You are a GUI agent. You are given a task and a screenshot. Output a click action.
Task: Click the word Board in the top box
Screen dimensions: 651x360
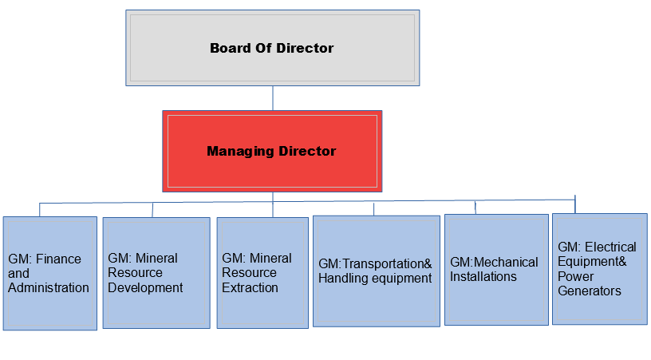pyautogui.click(x=230, y=48)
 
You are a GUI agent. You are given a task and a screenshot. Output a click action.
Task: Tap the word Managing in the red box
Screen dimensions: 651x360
pyautogui.click(x=240, y=152)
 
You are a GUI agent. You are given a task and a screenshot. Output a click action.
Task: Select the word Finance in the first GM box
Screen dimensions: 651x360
pyautogui.click(x=58, y=259)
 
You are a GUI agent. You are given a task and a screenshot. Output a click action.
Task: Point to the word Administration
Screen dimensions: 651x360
pyautogui.click(x=49, y=287)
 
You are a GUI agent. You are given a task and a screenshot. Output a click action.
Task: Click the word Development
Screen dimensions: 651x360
pyautogui.click(x=145, y=287)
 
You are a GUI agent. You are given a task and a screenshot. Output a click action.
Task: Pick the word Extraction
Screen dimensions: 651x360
pyautogui.click(x=250, y=287)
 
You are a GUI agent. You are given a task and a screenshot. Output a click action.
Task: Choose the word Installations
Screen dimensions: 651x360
pyautogui.click(x=483, y=276)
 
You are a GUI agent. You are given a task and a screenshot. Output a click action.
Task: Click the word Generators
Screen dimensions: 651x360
pyautogui.click(x=590, y=291)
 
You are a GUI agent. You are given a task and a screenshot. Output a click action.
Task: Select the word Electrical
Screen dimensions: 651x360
pyautogui.click(x=611, y=247)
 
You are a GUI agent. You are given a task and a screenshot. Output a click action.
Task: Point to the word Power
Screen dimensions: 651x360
pyautogui.click(x=576, y=276)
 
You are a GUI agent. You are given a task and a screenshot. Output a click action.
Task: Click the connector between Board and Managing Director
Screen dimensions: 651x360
pyautogui.click(x=273, y=98)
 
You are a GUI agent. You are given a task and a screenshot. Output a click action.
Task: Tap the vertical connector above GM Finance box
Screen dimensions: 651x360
pyautogui.click(x=40, y=210)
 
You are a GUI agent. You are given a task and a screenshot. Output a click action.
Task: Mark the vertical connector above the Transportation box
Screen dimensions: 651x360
pyautogui.click(x=373, y=209)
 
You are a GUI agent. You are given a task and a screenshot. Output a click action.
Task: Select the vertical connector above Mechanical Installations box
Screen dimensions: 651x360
pyautogui.click(x=475, y=208)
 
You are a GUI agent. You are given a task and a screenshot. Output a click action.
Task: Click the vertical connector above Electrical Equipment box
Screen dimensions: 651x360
pyautogui.click(x=575, y=204)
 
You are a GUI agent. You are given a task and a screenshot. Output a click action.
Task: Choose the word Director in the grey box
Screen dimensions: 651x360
pyautogui.click(x=305, y=48)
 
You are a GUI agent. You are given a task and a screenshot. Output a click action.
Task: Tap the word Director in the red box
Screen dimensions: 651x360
pyautogui.click(x=307, y=151)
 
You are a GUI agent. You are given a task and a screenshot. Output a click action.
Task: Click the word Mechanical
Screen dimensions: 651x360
pyautogui.click(x=506, y=263)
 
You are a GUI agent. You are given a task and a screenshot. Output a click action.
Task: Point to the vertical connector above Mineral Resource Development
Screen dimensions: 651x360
pyautogui.click(x=152, y=210)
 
